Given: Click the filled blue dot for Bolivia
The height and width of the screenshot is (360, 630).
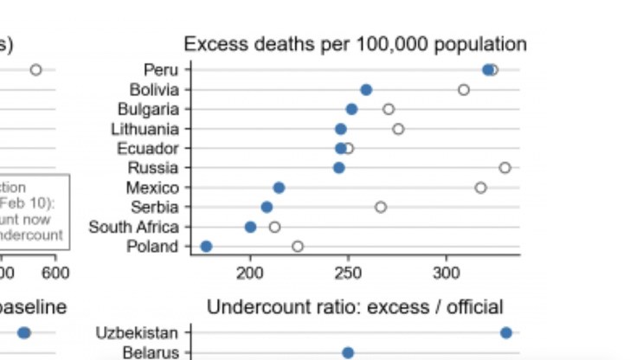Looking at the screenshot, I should [x=366, y=89].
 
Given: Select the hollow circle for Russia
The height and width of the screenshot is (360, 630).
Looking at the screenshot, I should [x=505, y=167].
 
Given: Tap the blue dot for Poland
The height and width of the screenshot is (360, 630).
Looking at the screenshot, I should [x=206, y=247].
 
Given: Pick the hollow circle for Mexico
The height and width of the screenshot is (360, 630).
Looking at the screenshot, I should [x=480, y=188].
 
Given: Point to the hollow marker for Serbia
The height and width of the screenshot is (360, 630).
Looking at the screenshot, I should [x=381, y=207].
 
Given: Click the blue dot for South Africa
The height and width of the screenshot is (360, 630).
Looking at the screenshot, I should [x=250, y=227].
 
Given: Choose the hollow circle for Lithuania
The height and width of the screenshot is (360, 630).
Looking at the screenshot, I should [x=398, y=129].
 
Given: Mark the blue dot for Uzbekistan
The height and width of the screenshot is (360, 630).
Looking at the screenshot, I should [x=505, y=332].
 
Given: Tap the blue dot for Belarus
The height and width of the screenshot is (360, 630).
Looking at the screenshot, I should [x=348, y=352].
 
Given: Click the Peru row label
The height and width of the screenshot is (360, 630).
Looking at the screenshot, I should [x=162, y=69].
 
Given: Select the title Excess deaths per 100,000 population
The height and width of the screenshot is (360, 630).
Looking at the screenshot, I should [x=355, y=44].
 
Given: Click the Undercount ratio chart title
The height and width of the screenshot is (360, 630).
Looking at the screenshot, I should [x=355, y=307].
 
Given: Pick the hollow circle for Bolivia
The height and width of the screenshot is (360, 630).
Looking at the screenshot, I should [x=464, y=89].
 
